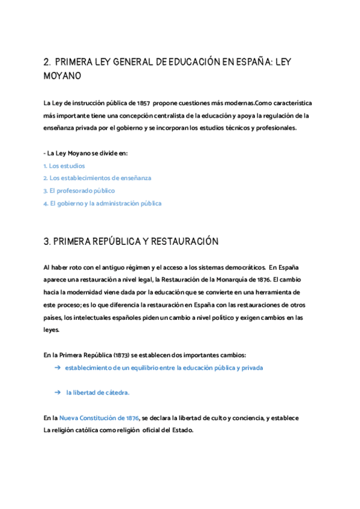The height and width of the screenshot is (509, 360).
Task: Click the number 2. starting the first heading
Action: (47, 62)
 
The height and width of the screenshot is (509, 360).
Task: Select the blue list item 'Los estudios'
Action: (64, 165)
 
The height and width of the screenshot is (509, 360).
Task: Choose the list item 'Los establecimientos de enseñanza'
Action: (97, 178)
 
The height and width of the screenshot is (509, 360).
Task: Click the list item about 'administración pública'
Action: (102, 203)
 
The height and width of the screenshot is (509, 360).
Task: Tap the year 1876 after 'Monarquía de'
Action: (262, 280)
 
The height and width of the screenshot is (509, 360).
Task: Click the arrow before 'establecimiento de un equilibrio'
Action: (57, 367)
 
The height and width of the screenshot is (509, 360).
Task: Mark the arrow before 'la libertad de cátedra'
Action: (57, 392)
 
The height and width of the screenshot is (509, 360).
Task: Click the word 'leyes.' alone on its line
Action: (52, 330)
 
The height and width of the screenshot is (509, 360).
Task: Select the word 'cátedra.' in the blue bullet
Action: (116, 392)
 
